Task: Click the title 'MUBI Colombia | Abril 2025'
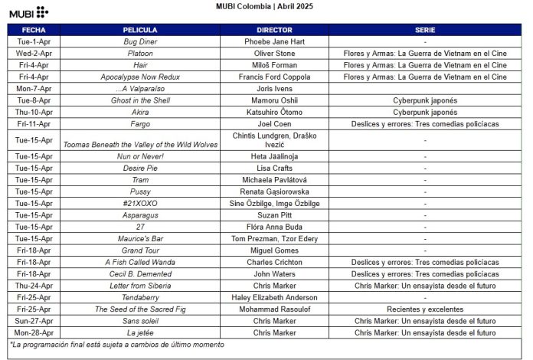click(x=266, y=6)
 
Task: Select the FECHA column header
click(x=34, y=30)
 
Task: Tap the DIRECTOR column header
click(x=273, y=30)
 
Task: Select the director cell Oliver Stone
click(x=273, y=54)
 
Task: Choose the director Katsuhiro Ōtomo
click(x=273, y=112)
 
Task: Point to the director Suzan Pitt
click(x=273, y=215)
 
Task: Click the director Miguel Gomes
click(x=273, y=250)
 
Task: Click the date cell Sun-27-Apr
click(x=34, y=321)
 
